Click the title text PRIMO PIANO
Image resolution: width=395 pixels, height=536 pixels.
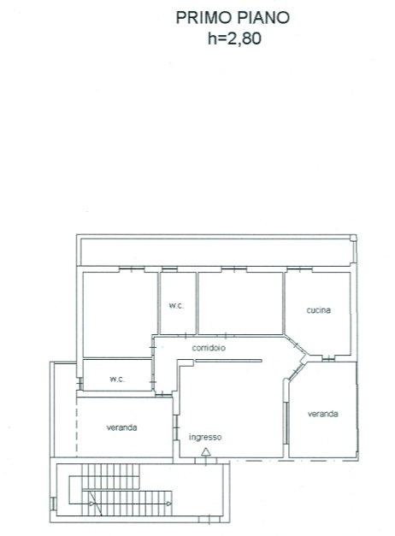(233, 17)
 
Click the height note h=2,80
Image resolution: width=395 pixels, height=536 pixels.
(234, 38)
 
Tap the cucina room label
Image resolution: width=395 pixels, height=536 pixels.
(318, 310)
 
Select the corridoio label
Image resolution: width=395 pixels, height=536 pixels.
(209, 348)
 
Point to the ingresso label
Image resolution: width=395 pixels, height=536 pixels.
(205, 437)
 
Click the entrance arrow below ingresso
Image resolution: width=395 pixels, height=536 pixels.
(205, 456)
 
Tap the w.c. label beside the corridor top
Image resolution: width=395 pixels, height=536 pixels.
(176, 305)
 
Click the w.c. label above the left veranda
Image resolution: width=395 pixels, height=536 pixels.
(117, 379)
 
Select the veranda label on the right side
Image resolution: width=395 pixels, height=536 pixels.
(323, 414)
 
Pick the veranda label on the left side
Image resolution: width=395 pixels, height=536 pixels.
(121, 427)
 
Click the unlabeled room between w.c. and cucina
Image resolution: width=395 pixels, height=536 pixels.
(240, 303)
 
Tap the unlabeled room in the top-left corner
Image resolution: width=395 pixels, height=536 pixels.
(120, 315)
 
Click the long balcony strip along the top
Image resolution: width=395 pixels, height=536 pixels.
(216, 251)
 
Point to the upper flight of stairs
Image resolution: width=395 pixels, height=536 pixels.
(111, 476)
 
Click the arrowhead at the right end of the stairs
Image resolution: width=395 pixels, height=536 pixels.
(169, 504)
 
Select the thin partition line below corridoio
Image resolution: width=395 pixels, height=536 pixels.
(228, 360)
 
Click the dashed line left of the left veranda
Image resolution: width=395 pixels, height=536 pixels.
(77, 427)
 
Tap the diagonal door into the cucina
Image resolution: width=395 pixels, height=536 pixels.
(297, 346)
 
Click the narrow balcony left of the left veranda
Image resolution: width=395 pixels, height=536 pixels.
(65, 409)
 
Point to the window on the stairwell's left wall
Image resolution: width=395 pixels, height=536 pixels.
(53, 504)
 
